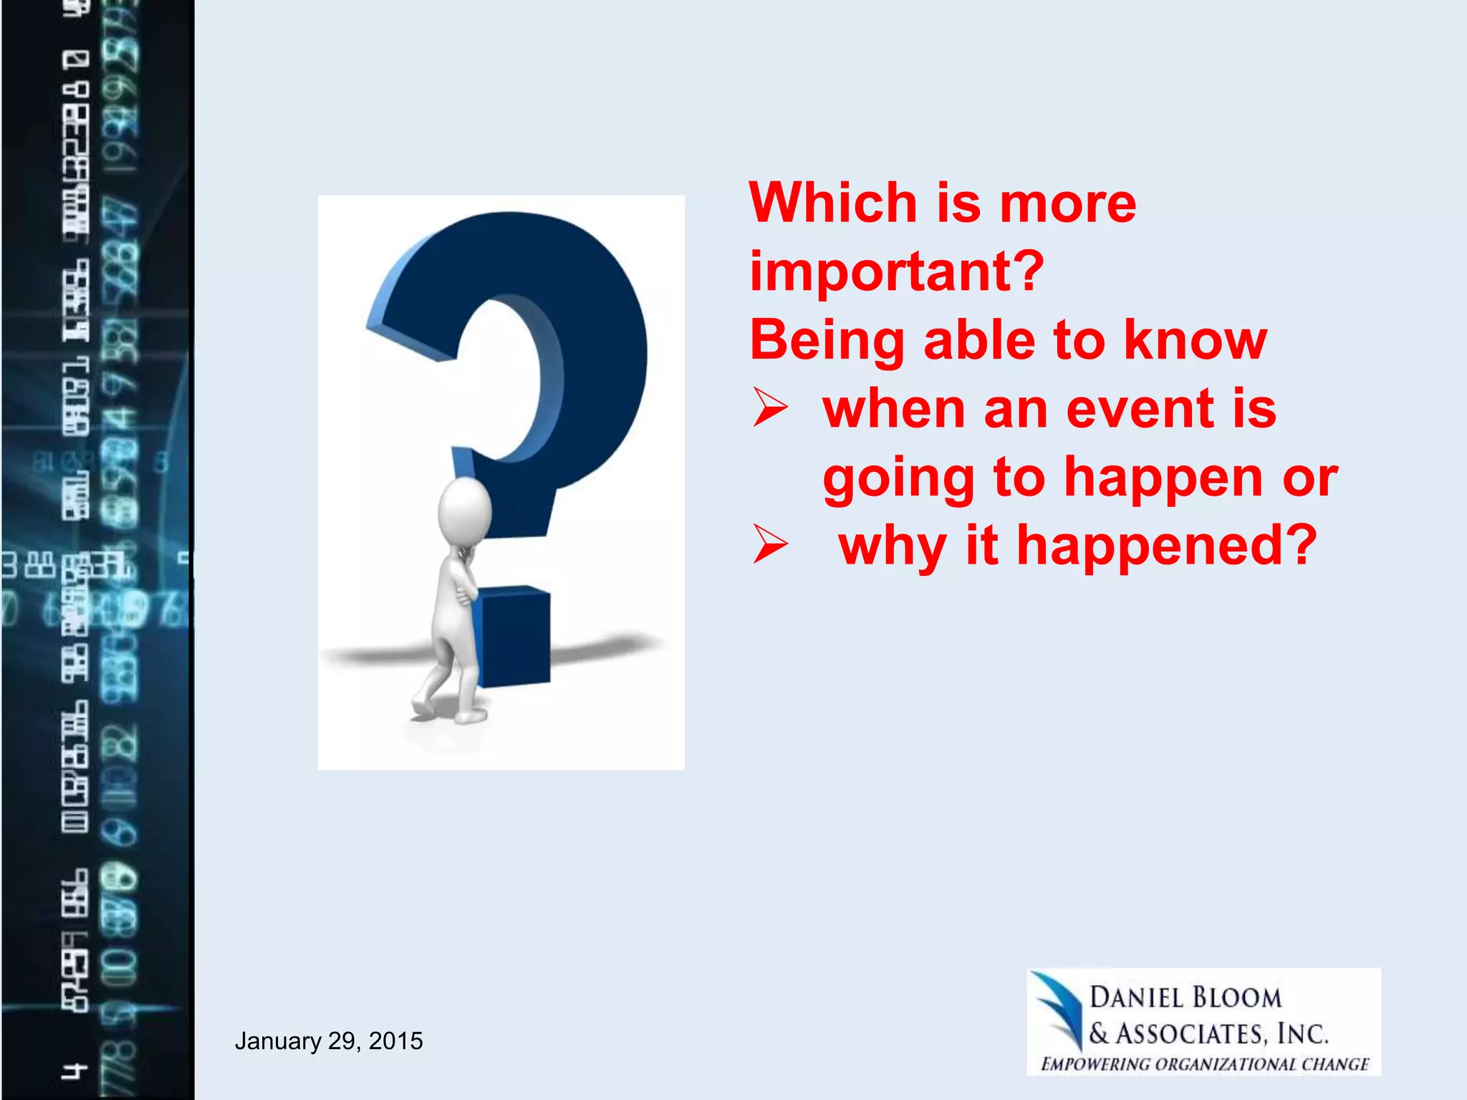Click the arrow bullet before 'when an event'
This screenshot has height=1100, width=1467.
click(770, 409)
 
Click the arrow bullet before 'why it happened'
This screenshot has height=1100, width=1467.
click(770, 546)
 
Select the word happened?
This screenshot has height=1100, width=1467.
click(1167, 546)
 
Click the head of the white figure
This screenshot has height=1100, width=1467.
click(465, 509)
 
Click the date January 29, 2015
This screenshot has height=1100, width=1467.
click(329, 1041)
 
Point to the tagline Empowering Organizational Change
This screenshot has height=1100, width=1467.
click(1205, 1063)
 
